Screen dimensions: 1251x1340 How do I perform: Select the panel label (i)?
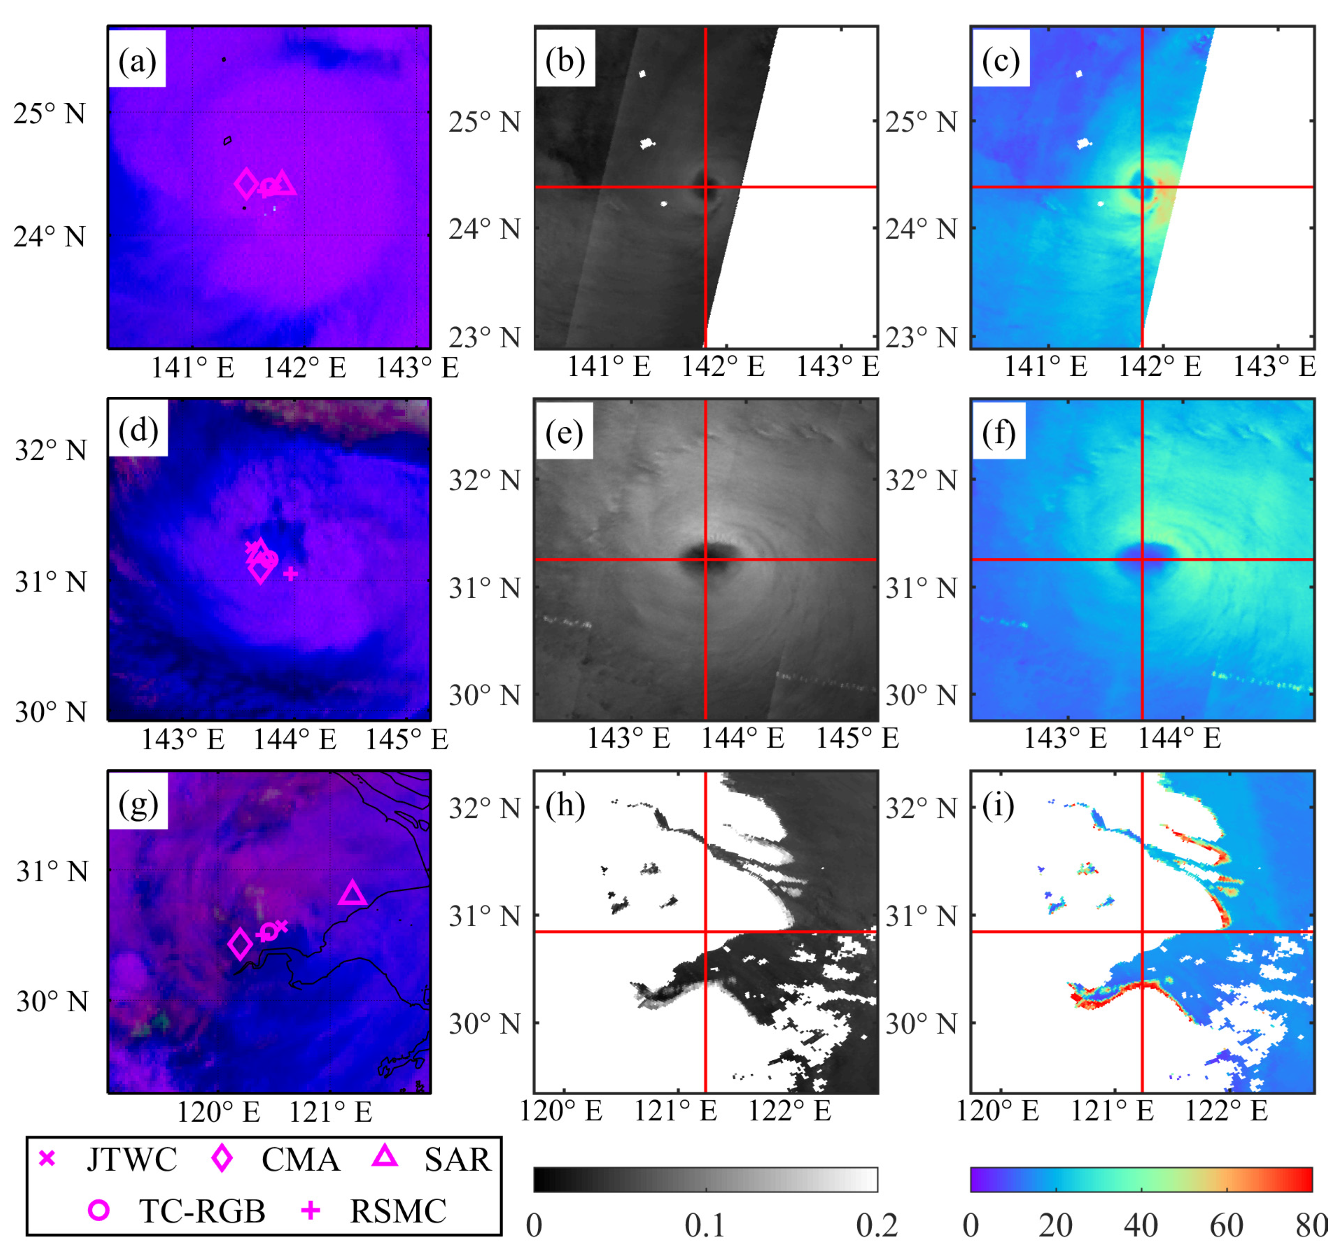coord(998,806)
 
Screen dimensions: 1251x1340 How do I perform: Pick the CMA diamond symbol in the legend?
coord(222,1159)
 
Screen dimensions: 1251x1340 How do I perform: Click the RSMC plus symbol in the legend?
coord(310,1211)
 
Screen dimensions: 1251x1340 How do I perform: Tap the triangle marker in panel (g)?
coord(353,894)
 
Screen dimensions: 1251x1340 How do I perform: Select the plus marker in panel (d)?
coord(291,574)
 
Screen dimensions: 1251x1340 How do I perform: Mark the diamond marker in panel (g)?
coord(241,944)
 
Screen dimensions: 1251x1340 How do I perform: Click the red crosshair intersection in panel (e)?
coord(705,560)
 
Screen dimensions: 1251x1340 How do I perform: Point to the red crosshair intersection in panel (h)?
coord(705,932)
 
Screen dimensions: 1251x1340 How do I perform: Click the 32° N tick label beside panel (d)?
coord(51,451)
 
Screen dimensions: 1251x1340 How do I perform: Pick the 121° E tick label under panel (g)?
coord(330,1112)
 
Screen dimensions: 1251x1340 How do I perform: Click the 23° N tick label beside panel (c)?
coord(921,337)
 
